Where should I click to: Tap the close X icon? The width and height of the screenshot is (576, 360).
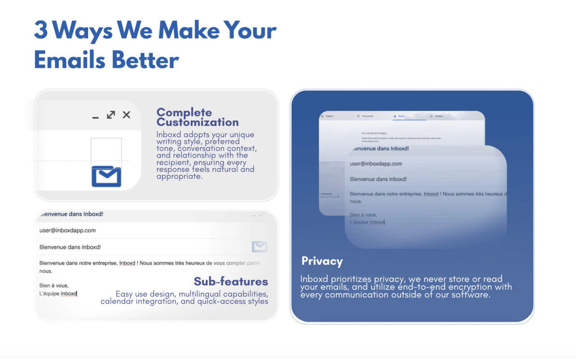pos(126,115)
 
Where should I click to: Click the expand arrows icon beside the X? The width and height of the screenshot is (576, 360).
pos(111,115)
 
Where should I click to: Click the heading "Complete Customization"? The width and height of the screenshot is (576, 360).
pos(198,117)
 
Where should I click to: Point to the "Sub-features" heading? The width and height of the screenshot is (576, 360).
pos(231,282)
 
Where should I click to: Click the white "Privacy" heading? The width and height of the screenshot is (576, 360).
pos(322,261)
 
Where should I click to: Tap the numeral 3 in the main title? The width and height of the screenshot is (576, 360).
pos(40,31)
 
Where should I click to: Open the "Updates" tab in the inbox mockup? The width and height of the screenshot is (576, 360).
pos(439,116)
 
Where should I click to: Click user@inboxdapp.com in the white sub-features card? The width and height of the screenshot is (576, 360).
pos(67,230)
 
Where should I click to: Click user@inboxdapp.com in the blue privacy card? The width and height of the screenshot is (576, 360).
pos(376,164)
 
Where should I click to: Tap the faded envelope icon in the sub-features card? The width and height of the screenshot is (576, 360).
pos(259,246)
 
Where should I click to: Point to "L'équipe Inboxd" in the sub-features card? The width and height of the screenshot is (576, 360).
pos(58,294)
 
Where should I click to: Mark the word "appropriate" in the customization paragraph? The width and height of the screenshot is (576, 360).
pos(179,176)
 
